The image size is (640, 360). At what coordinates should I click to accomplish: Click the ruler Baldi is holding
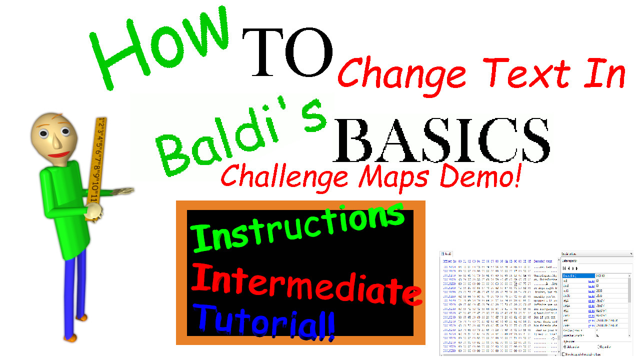[x=96, y=160]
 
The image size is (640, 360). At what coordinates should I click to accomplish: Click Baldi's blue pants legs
[x=75, y=295]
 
